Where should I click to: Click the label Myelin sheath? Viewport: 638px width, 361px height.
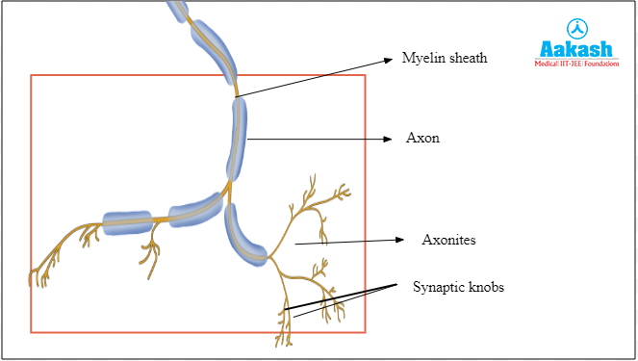pyautogui.click(x=444, y=58)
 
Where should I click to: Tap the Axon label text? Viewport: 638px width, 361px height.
pyautogui.click(x=422, y=139)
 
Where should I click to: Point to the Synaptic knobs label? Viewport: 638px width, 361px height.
pyautogui.click(x=459, y=287)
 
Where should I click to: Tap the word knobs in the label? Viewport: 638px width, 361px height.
pyautogui.click(x=485, y=287)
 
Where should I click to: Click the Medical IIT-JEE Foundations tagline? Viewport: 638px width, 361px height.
pyautogui.click(x=576, y=64)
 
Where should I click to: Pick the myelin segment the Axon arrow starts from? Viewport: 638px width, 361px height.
pyautogui.click(x=237, y=139)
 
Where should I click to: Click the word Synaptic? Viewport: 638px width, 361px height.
pyautogui.click(x=438, y=287)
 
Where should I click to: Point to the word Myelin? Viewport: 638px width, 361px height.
pyautogui.click(x=421, y=58)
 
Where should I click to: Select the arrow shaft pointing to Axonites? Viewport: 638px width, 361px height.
pyautogui.click(x=346, y=242)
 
